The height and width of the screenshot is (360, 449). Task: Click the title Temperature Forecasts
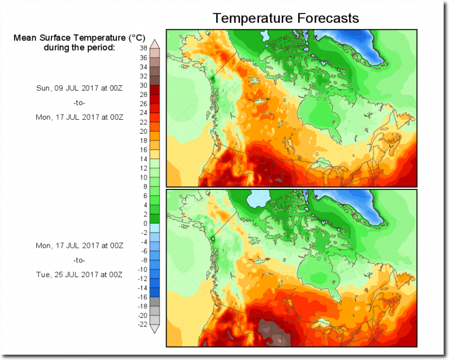(285, 18)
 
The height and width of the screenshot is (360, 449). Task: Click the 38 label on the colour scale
(143, 49)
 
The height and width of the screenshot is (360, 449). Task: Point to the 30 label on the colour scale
(143, 85)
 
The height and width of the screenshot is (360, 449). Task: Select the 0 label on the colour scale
(144, 223)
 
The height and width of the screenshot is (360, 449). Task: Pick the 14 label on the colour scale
(143, 159)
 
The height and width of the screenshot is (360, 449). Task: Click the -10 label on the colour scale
(141, 269)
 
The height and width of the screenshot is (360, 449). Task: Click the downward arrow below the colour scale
(155, 329)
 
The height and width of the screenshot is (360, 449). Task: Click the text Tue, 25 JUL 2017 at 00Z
(79, 275)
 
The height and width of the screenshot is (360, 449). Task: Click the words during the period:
(80, 47)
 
